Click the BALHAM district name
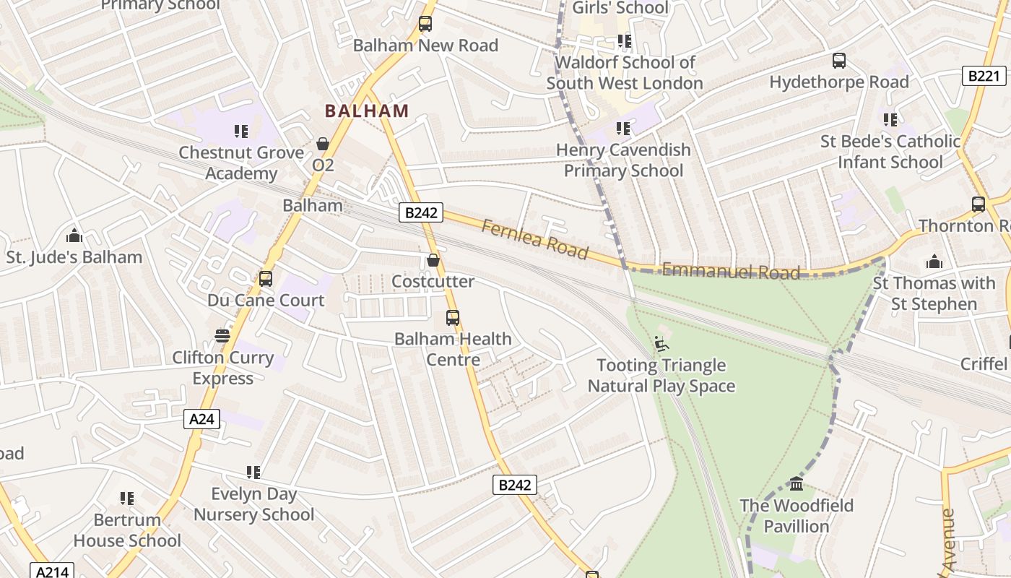pos(367,111)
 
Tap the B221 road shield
pos(984,75)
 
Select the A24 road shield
pos(201,419)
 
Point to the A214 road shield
pos(52,571)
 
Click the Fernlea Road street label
pos(534,239)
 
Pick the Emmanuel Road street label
pos(731,272)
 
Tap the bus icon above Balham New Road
pos(425,24)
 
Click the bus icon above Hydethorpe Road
pos(838,61)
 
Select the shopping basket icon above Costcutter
pos(433,260)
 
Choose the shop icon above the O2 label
pos(323,144)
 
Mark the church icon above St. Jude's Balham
pos(74,236)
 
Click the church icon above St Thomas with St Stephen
pos(934,262)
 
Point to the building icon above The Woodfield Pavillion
pos(797,483)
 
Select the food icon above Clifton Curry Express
pos(222,336)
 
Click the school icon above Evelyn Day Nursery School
pos(253,473)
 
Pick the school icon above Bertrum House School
pos(127,499)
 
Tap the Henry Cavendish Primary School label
pos(623,160)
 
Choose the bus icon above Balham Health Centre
pos(453,317)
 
